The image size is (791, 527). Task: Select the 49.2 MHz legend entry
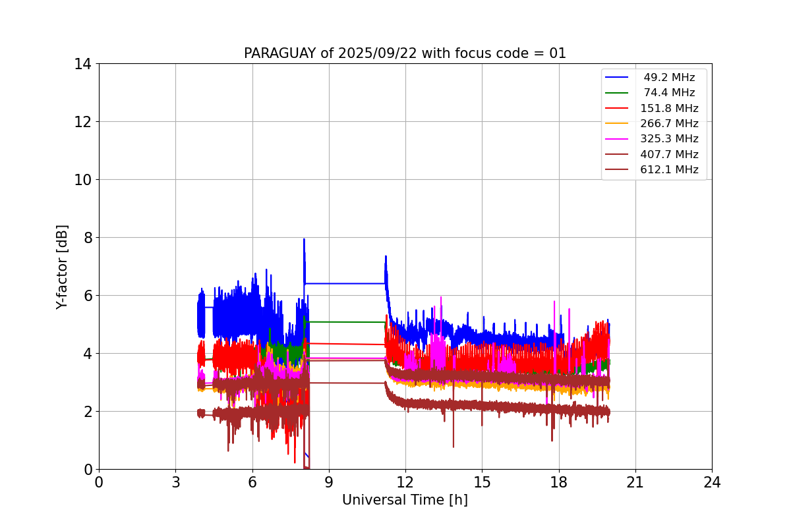[669, 78]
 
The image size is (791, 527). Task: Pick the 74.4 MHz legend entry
[669, 93]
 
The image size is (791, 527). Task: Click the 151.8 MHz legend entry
[669, 108]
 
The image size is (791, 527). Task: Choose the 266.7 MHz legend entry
[669, 124]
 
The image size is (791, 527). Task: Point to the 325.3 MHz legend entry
[669, 139]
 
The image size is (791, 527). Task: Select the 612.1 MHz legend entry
[669, 170]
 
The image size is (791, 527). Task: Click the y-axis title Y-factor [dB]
[62, 267]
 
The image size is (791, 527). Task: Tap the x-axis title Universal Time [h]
[405, 500]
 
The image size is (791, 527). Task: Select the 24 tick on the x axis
[712, 483]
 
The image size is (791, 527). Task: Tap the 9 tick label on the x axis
[329, 483]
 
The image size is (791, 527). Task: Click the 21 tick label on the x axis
[635, 483]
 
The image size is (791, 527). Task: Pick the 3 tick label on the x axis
[175, 483]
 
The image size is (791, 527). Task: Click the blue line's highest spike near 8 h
[304, 240]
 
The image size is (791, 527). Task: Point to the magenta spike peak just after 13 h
[440, 298]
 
